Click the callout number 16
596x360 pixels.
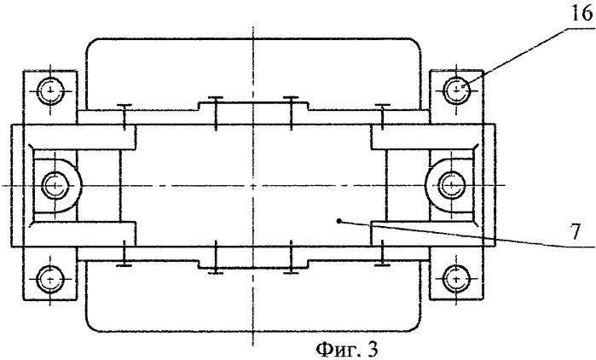582,14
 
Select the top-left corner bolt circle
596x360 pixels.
50,91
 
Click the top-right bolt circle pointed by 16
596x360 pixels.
456,90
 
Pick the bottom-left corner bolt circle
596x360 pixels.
49,280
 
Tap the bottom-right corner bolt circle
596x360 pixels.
456,280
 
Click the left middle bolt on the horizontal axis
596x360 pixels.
55,185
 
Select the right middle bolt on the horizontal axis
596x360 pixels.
452,185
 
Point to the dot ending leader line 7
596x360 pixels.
339,220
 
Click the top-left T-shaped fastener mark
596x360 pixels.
124,117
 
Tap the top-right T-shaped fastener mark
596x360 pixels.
382,117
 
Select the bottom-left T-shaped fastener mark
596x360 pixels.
124,253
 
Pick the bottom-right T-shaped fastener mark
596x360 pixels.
382,253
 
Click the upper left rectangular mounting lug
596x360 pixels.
50,97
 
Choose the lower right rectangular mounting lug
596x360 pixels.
456,273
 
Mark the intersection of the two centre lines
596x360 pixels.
253,185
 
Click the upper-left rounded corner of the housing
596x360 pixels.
91,43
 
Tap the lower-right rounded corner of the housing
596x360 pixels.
415,326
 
